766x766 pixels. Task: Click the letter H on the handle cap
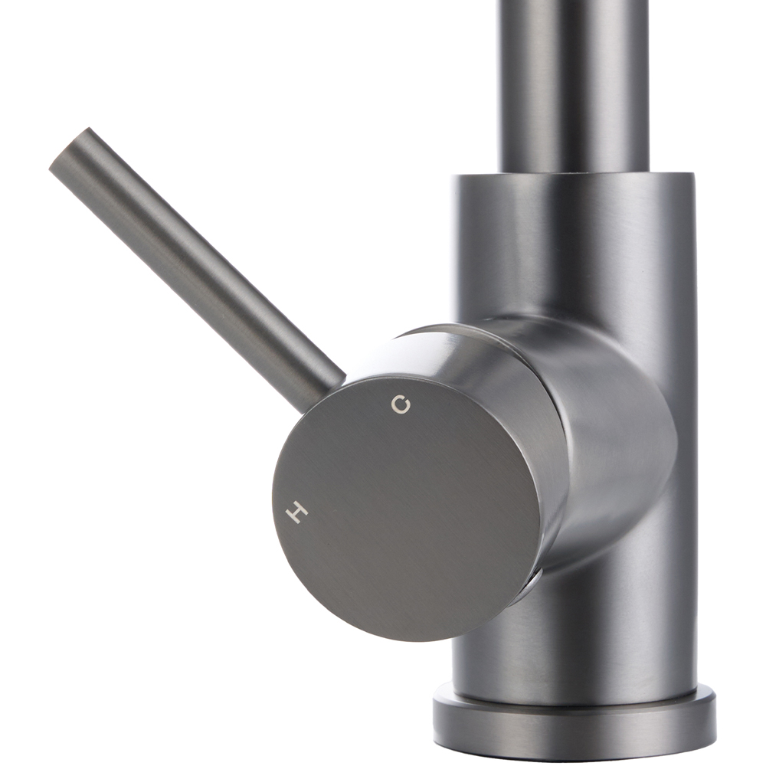(296, 511)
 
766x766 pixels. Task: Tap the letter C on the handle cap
(398, 405)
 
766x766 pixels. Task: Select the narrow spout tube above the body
(574, 84)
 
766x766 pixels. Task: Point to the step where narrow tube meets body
(574, 175)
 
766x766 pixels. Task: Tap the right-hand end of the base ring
(712, 724)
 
